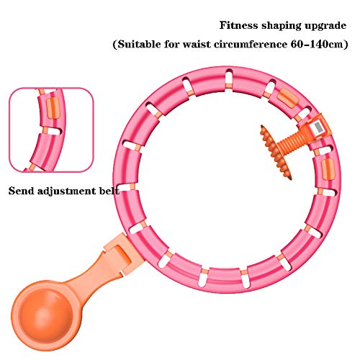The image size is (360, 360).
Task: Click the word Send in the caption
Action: (x=21, y=192)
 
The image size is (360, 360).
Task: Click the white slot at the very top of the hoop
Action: (x=228, y=77)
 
